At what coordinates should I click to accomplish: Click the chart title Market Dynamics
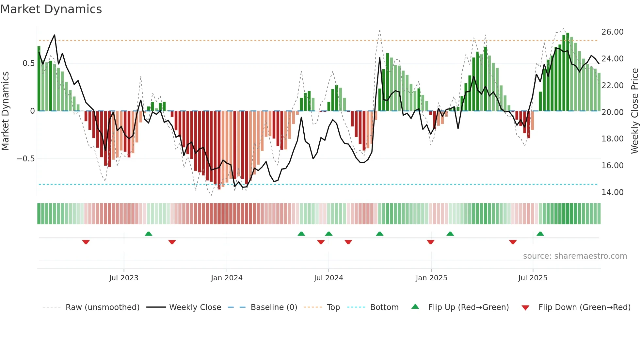tap(51, 9)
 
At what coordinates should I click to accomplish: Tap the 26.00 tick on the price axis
tap(612, 32)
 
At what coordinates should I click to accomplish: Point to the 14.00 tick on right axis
tap(612, 192)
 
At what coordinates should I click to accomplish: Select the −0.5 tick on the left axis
tap(26, 159)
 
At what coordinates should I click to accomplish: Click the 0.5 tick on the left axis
tap(28, 63)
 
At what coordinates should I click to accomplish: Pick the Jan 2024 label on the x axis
tap(227, 278)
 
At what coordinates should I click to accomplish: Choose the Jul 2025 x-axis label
tap(533, 278)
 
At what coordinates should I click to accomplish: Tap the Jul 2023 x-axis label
tap(124, 278)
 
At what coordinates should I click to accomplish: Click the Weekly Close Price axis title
tap(634, 111)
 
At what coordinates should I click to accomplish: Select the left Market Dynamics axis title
tap(6, 111)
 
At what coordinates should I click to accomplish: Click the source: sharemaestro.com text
tap(575, 256)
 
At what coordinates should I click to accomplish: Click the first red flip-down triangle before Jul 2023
tap(86, 242)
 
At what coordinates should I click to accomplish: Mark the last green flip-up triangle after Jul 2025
tap(540, 234)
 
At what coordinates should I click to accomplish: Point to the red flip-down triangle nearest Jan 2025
tap(430, 242)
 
